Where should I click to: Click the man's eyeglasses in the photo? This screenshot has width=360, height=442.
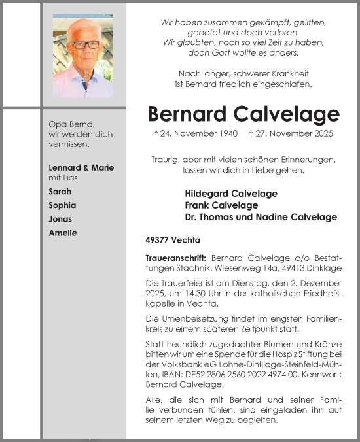(x=86, y=45)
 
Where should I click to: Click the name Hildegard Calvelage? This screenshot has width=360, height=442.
(x=231, y=194)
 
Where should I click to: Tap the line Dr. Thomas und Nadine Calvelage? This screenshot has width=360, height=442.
(x=261, y=217)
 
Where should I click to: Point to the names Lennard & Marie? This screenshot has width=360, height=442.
(x=81, y=167)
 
